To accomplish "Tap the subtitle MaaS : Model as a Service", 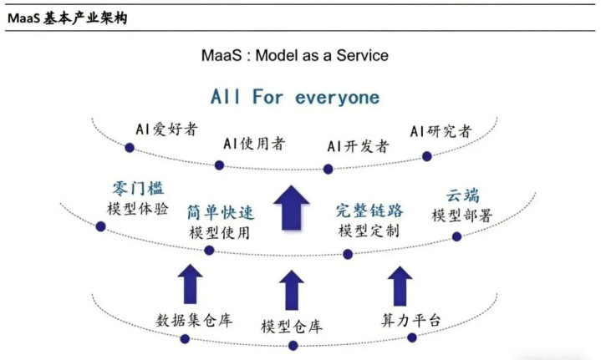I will click(x=295, y=55).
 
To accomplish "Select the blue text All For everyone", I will click(x=295, y=97).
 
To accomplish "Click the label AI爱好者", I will click(x=166, y=129).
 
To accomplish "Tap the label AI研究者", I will click(x=441, y=131).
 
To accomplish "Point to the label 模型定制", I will click(x=369, y=230).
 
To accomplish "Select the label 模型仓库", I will click(x=292, y=326).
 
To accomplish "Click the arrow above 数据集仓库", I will click(x=191, y=283).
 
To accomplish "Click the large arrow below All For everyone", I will click(x=292, y=207).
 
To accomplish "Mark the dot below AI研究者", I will click(x=427, y=156).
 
